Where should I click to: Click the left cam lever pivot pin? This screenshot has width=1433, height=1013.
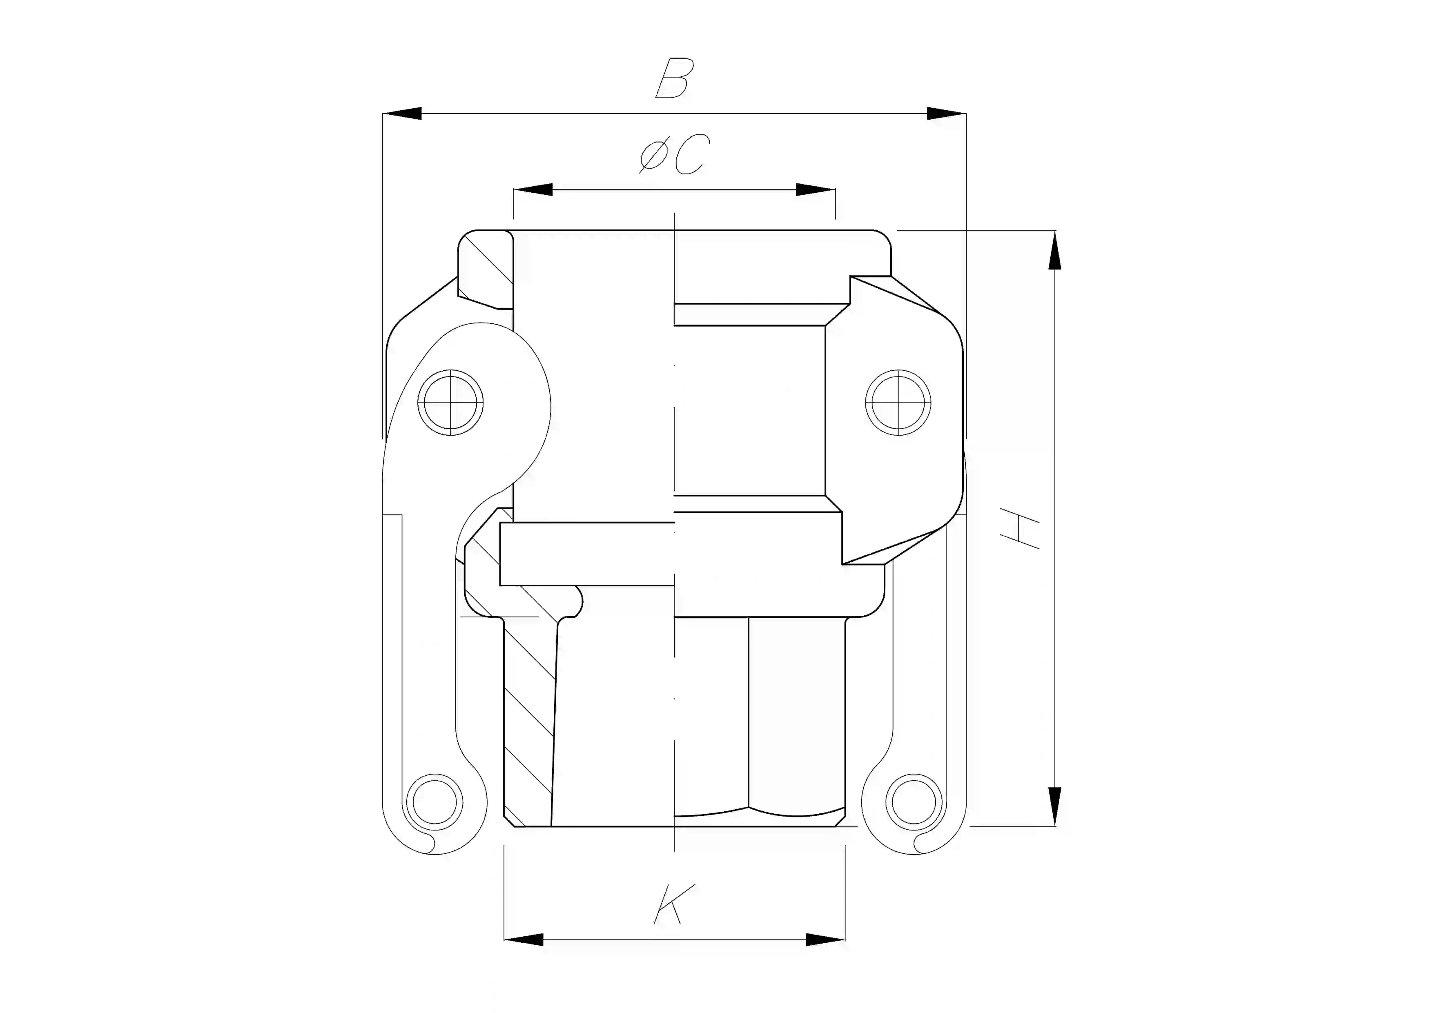tap(450, 403)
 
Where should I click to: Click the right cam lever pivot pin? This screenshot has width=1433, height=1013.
tap(898, 403)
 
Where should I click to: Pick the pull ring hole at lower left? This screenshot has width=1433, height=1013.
tap(435, 801)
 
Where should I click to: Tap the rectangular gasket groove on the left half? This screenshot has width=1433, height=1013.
tap(587, 554)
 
